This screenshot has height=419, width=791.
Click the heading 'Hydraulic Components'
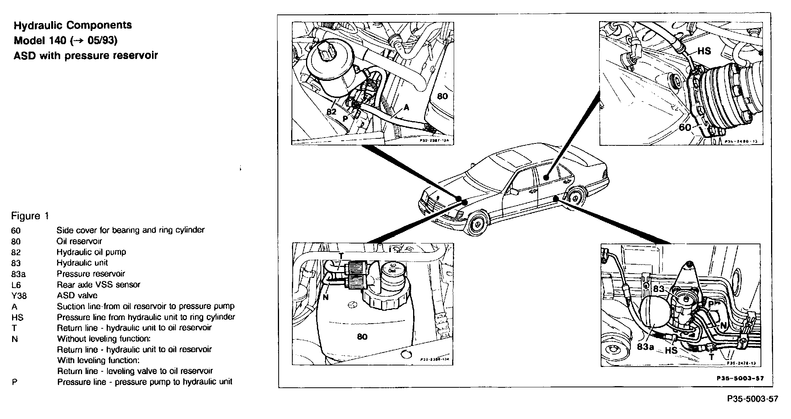pyautogui.click(x=73, y=25)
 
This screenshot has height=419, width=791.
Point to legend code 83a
pyautogui.click(x=18, y=274)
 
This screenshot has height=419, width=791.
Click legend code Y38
pyautogui.click(x=19, y=296)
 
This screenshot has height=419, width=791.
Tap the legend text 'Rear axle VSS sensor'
pyautogui.click(x=98, y=285)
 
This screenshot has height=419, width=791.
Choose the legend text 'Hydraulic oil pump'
pyautogui.click(x=91, y=252)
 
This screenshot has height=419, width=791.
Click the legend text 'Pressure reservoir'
pyautogui.click(x=91, y=274)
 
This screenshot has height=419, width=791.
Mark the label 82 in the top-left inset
pyautogui.click(x=331, y=111)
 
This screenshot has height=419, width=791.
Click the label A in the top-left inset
pyautogui.click(x=406, y=107)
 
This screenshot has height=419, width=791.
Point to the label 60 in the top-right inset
pyautogui.click(x=685, y=127)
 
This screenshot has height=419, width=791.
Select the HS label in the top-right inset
pyautogui.click(x=704, y=51)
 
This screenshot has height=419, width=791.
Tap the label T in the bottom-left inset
pyautogui.click(x=341, y=256)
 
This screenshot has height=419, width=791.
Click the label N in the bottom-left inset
pyautogui.click(x=326, y=297)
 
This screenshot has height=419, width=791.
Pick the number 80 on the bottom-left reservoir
pyautogui.click(x=362, y=337)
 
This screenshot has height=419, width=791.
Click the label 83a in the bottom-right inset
pyautogui.click(x=645, y=346)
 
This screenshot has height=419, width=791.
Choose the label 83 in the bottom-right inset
pyautogui.click(x=659, y=289)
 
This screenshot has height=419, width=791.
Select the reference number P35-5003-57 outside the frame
pyautogui.click(x=752, y=399)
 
